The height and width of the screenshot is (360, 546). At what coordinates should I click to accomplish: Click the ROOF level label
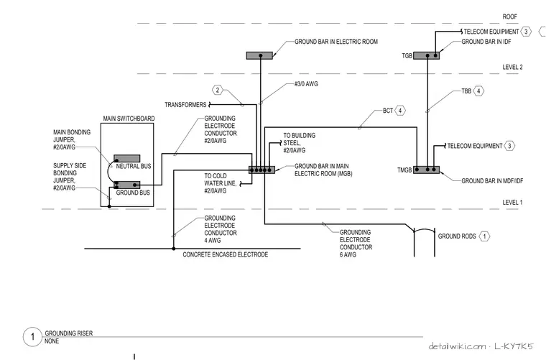(509, 17)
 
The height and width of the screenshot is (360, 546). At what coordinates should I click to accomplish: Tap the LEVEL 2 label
(512, 68)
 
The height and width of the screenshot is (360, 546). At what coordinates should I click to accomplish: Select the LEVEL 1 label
(512, 203)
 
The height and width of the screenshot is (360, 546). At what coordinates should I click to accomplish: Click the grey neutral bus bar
(126, 158)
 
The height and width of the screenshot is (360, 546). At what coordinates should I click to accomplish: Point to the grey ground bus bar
(126, 185)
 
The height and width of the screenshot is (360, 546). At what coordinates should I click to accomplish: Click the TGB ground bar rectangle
(426, 56)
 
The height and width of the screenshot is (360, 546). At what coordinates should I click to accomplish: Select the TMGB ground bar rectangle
(426, 170)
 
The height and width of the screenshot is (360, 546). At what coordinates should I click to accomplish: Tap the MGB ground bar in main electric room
(262, 170)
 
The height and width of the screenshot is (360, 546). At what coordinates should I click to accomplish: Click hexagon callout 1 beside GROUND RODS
(484, 236)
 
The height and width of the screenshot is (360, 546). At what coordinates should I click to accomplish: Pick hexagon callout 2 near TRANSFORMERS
(218, 90)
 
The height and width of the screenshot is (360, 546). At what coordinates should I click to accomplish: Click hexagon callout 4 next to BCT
(400, 111)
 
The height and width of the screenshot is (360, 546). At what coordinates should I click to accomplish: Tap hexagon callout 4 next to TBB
(478, 91)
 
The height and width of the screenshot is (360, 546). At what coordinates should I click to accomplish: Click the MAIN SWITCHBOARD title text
(129, 119)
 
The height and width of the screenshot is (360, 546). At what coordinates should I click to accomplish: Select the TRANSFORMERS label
(185, 105)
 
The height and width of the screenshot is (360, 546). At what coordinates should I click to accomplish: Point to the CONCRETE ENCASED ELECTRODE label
(226, 255)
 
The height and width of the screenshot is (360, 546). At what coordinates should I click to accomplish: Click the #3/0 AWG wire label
(306, 84)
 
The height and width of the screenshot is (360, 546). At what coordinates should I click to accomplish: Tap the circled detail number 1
(32, 337)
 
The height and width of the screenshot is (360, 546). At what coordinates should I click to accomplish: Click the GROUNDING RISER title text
(68, 333)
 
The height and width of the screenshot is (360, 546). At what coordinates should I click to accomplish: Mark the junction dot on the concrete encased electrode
(173, 249)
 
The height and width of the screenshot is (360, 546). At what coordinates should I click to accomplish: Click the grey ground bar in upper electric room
(259, 56)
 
